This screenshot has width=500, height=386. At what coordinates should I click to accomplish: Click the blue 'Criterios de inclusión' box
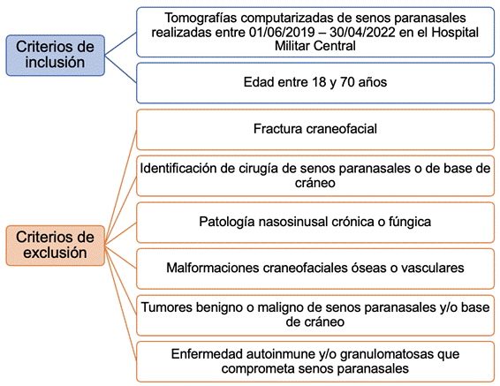click(55, 56)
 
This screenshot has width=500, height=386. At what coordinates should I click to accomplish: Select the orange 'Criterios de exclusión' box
click(55, 246)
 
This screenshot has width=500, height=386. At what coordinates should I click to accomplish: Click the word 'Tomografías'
click(201, 19)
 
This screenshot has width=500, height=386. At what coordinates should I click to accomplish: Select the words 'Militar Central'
click(315, 46)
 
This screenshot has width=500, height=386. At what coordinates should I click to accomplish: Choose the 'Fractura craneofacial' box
click(315, 130)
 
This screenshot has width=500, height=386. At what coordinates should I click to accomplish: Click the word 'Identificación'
click(178, 169)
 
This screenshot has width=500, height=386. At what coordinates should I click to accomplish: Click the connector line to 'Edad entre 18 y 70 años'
click(120, 69)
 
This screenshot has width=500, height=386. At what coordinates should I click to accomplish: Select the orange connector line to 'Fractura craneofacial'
click(120, 187)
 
